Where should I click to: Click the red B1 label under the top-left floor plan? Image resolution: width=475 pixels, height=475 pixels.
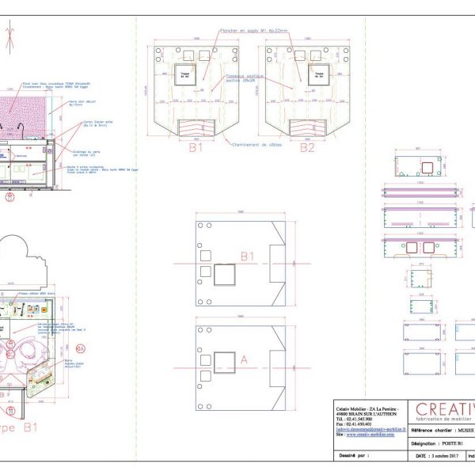point(196,147)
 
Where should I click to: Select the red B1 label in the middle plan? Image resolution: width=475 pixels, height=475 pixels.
point(248,256)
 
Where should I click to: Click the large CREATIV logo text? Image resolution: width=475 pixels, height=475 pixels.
point(445,409)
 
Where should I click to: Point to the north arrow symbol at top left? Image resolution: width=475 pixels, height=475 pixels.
point(10,36)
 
